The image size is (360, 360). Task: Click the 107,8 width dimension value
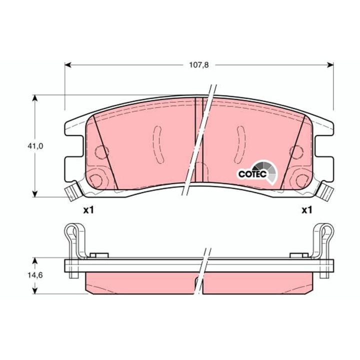tap(199, 65)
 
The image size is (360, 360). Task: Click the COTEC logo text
tap(252, 174)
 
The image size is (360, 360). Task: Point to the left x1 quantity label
tap(88, 210)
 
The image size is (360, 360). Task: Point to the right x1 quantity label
tap(306, 210)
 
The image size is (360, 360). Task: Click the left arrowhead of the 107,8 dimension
tap(67, 65)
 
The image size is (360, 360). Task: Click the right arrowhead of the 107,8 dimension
tap(330, 65)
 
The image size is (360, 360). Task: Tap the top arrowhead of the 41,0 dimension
tap(34, 98)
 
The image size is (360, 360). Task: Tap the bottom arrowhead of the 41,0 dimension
tap(34, 194)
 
